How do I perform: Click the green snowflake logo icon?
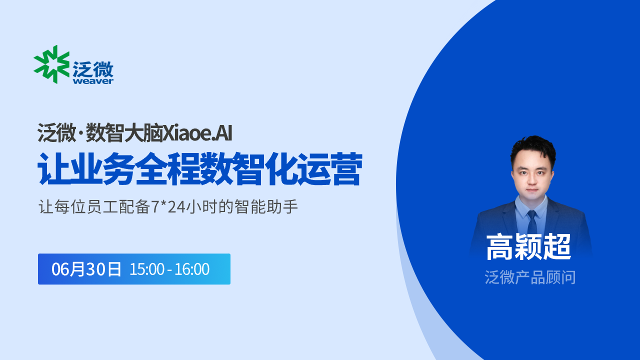(x=51, y=64)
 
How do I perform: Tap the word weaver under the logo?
(x=93, y=81)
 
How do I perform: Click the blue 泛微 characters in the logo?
(x=93, y=69)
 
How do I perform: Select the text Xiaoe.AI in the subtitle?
(x=197, y=133)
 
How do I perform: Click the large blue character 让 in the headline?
(x=53, y=169)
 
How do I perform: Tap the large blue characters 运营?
(x=329, y=169)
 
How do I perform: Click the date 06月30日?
(x=86, y=269)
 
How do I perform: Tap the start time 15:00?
(x=147, y=269)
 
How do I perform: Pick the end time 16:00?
(x=192, y=269)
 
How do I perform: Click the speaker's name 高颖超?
(x=528, y=247)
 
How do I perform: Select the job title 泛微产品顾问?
(x=530, y=277)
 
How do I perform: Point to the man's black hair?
(x=533, y=148)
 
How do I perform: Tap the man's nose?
(x=532, y=180)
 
